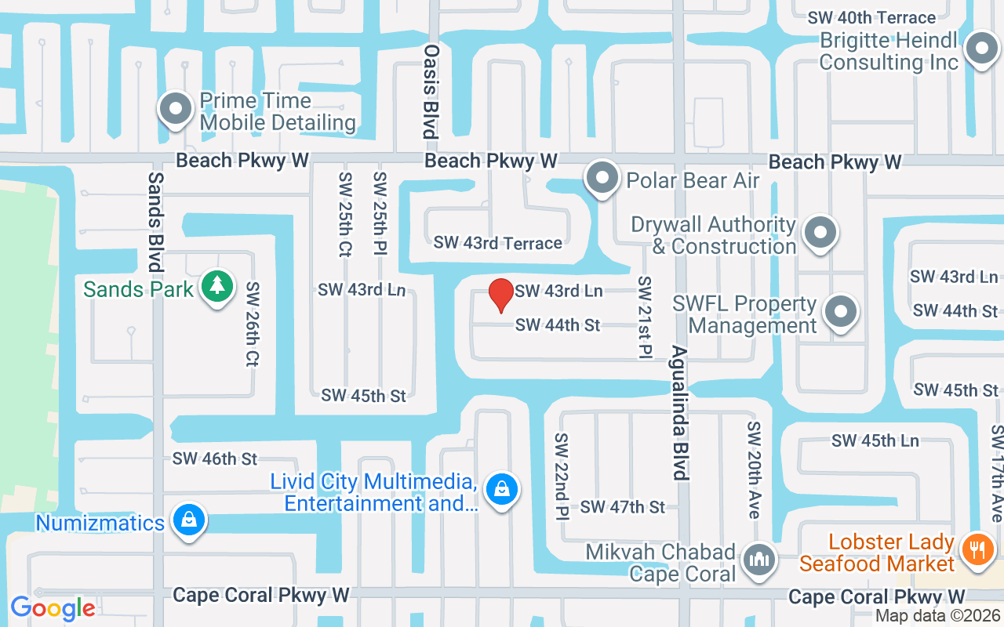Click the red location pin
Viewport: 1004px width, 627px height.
pos(501,295)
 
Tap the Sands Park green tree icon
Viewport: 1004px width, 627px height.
pos(217,287)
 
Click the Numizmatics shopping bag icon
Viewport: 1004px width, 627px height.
pos(188,520)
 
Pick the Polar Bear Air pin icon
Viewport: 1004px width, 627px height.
pos(602,178)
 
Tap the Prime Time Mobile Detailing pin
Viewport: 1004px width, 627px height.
pos(176,110)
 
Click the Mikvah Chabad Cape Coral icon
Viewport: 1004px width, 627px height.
pos(758,560)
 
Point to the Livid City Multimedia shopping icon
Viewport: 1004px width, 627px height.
pos(501,490)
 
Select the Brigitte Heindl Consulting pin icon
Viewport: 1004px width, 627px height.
pos(980,49)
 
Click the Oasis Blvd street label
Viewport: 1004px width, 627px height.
pos(430,91)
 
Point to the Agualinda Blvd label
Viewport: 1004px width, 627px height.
pos(679,413)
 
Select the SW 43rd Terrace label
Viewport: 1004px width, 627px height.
pos(498,243)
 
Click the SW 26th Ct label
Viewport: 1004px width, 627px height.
pos(253,324)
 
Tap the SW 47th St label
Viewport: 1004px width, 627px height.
pos(623,507)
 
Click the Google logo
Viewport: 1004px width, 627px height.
pos(53,608)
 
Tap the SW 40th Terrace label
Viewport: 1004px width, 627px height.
pos(871,17)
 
